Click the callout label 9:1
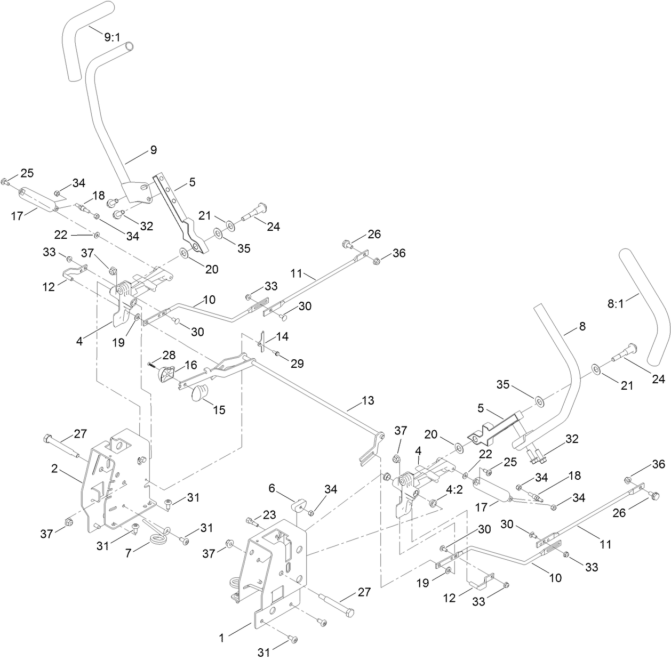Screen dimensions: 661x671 113,38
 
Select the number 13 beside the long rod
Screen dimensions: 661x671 368,400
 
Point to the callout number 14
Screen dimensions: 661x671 282,337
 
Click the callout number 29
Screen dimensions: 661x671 297,364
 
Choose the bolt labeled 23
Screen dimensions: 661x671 251,521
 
